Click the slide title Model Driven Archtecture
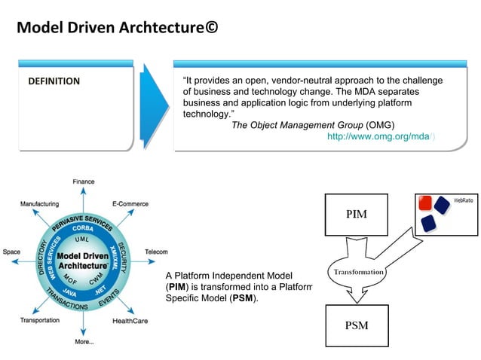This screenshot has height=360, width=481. [x=118, y=28]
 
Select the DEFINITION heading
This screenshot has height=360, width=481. [x=54, y=81]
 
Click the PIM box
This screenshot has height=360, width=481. [x=356, y=215]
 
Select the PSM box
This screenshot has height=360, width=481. [x=356, y=326]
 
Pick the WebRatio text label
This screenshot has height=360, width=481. [x=463, y=200]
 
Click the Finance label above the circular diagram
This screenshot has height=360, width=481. [x=84, y=182]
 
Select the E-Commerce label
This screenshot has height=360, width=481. [x=130, y=203]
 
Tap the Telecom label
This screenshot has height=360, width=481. [x=155, y=252]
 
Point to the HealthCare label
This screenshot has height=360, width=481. [x=130, y=321]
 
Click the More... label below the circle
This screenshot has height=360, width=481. [x=84, y=342]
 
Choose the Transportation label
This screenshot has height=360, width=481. [x=40, y=320]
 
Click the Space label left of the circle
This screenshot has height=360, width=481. [x=12, y=252]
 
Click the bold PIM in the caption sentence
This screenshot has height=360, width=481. [x=176, y=287]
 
